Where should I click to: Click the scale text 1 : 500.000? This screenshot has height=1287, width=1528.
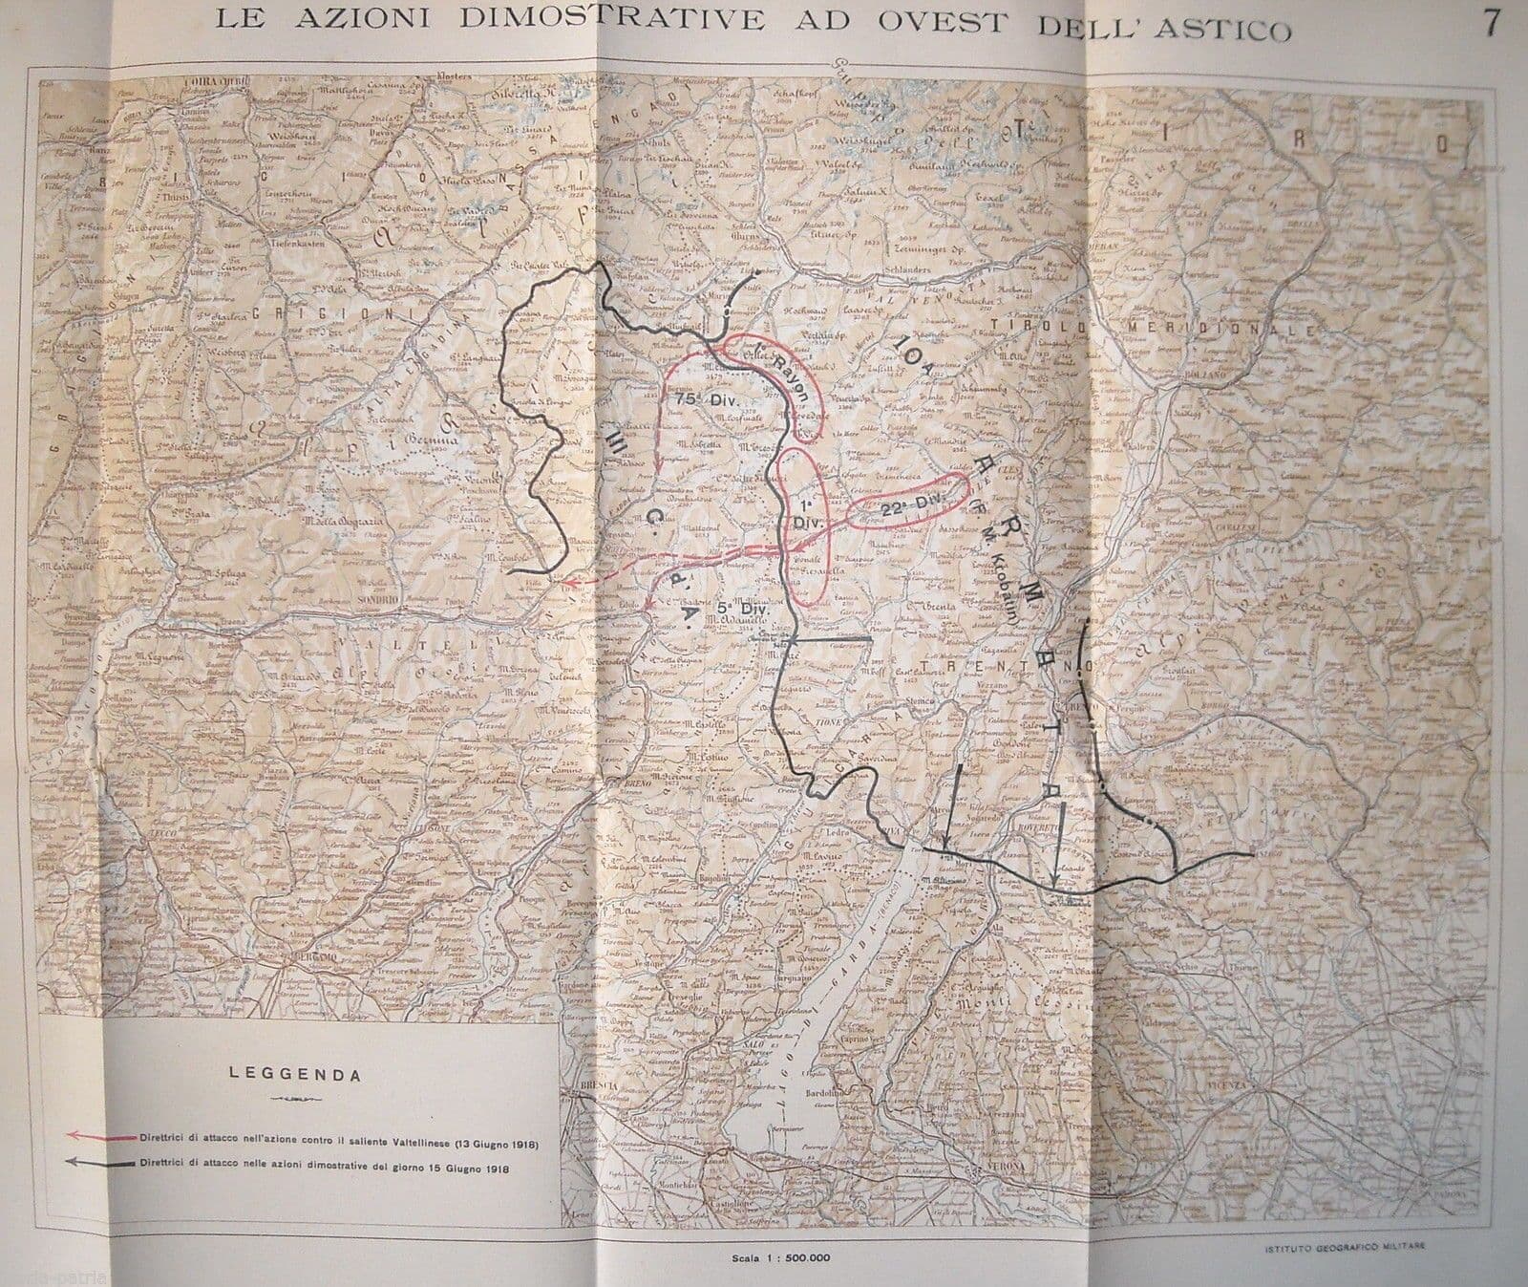pyautogui.click(x=793, y=1256)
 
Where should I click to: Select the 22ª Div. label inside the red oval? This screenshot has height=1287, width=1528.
pyautogui.click(x=906, y=507)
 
